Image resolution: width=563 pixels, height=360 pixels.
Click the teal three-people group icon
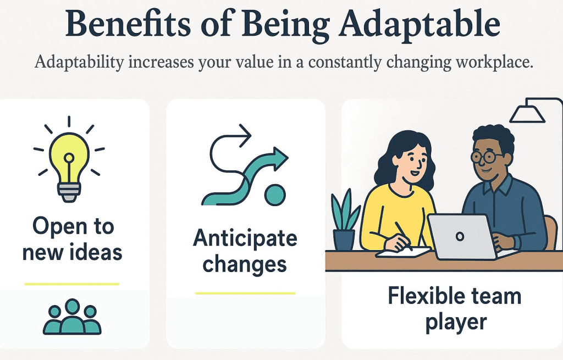coord(72,318)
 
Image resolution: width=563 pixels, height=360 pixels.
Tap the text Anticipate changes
coord(245,251)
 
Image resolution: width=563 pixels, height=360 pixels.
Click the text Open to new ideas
coord(73,239)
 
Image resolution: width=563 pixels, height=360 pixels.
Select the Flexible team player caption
coord(454,308)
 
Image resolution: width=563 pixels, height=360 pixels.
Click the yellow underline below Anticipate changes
coord(245,293)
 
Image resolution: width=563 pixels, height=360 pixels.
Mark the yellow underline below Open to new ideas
coord(72,284)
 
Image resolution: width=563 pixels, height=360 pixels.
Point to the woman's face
coord(407,163)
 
